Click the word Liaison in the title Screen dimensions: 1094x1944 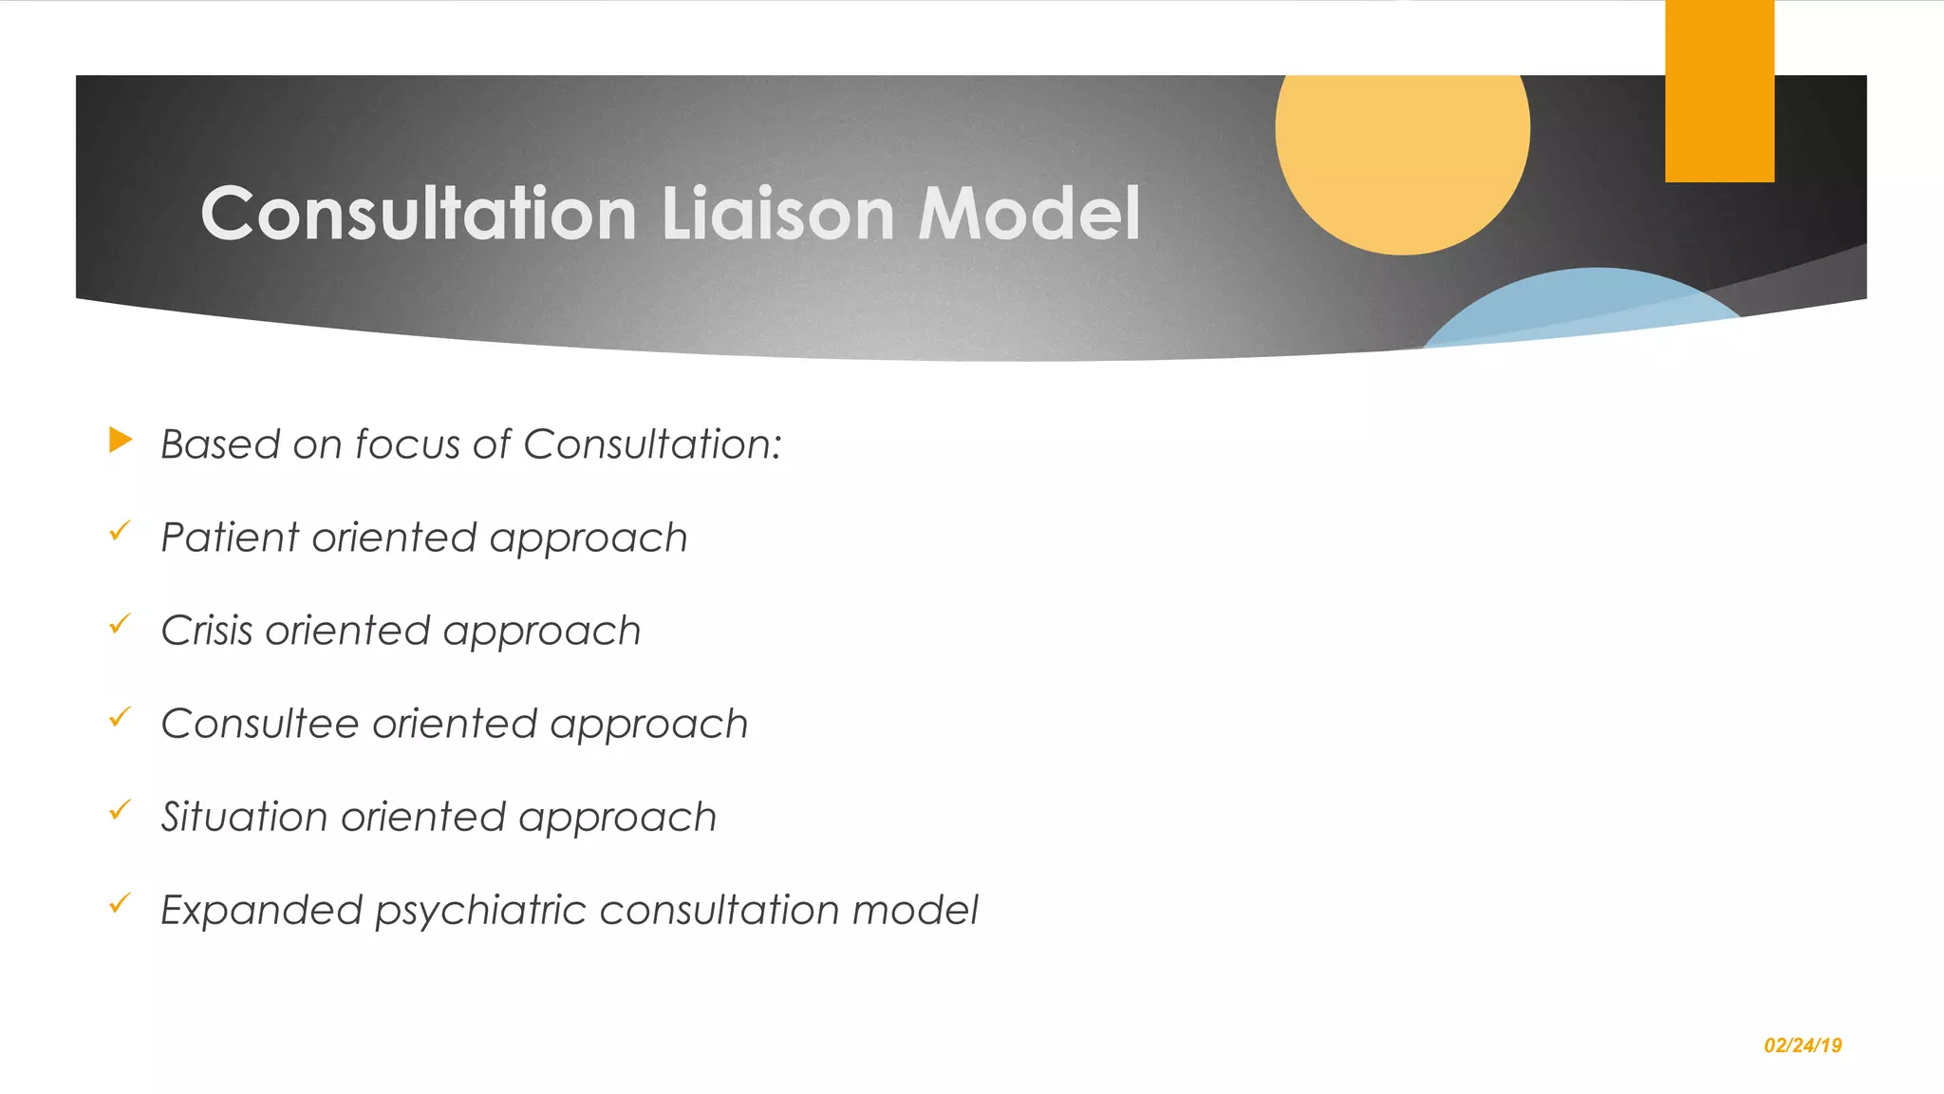(777, 213)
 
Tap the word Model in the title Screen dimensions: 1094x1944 (1029, 213)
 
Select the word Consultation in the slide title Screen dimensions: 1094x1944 (419, 213)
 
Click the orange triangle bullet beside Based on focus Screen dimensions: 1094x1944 (121, 440)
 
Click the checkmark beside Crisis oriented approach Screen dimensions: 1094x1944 (120, 624)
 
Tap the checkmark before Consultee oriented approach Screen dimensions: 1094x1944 (120, 717)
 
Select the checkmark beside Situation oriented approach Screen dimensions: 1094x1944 (120, 810)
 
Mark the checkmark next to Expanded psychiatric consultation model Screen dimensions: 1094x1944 (120, 903)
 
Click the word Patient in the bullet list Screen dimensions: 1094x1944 (230, 538)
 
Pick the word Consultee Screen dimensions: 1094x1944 (259, 724)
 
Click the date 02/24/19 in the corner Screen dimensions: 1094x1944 (1803, 1046)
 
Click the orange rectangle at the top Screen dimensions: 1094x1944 (1719, 90)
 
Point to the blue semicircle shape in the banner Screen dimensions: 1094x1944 (1585, 309)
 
